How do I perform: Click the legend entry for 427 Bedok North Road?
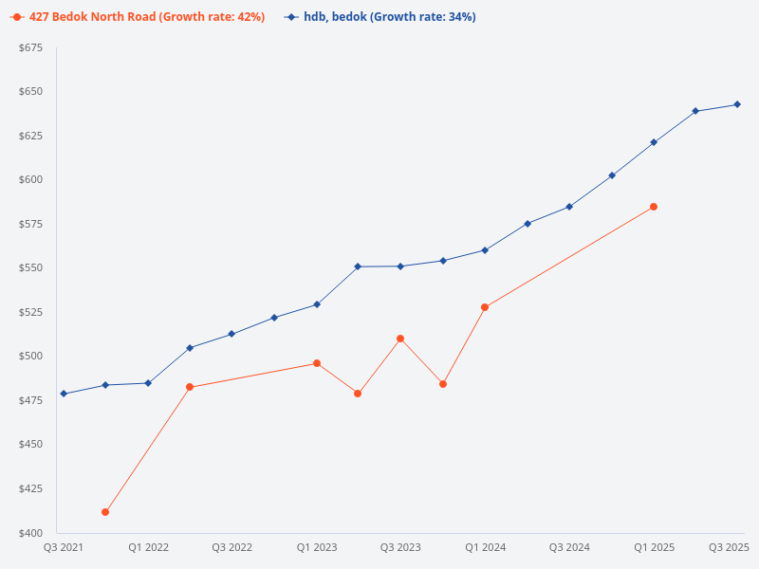(138, 17)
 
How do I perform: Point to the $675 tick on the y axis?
(30, 47)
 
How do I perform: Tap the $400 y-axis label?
(30, 533)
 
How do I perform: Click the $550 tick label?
(30, 268)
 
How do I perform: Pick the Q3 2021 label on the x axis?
(64, 547)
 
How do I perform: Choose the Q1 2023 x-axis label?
(317, 547)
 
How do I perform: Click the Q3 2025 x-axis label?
(730, 547)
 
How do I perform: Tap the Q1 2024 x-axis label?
(485, 547)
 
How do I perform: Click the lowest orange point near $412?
(105, 512)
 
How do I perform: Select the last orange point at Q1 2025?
(654, 207)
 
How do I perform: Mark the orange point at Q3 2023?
(400, 339)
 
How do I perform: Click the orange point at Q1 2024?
(485, 307)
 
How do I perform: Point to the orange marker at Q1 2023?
(317, 363)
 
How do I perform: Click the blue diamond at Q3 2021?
(64, 394)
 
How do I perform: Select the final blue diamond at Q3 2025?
(737, 104)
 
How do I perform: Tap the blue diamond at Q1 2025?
(654, 142)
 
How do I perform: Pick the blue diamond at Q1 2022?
(148, 383)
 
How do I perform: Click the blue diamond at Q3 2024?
(569, 207)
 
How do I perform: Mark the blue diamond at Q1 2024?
(485, 250)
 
